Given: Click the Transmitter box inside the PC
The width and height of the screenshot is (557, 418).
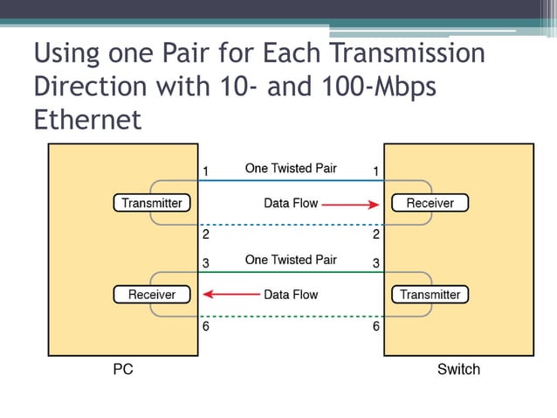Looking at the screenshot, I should pyautogui.click(x=152, y=203).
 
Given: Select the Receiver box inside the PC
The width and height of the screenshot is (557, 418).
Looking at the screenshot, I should pyautogui.click(x=152, y=295).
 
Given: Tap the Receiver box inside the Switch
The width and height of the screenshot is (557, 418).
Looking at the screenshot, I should pyautogui.click(x=430, y=203).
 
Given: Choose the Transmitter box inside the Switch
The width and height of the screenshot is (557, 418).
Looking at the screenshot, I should pyautogui.click(x=430, y=295).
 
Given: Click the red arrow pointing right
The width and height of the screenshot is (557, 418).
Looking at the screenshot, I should pyautogui.click(x=349, y=204).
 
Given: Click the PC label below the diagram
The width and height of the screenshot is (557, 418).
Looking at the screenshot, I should pyautogui.click(x=123, y=369).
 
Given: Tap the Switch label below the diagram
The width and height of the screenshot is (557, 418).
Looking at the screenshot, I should pyautogui.click(x=458, y=369).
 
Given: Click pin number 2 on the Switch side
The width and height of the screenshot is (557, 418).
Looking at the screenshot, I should pyautogui.click(x=376, y=234).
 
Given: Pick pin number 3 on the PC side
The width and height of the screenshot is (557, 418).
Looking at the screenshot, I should pyautogui.click(x=204, y=262).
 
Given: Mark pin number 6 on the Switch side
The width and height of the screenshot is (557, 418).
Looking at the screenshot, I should pyautogui.click(x=376, y=326).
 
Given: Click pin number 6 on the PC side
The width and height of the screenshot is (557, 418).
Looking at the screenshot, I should pyautogui.click(x=204, y=326).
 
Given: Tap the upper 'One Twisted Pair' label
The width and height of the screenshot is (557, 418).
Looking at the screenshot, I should pyautogui.click(x=291, y=168).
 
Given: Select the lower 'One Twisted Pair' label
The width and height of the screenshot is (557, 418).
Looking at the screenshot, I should pyautogui.click(x=291, y=260).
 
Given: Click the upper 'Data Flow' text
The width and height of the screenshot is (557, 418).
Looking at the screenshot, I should pyautogui.click(x=291, y=204).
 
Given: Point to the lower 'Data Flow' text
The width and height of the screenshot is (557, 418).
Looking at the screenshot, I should pyautogui.click(x=291, y=295).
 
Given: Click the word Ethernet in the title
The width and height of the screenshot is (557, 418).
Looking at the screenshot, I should pyautogui.click(x=87, y=119).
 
